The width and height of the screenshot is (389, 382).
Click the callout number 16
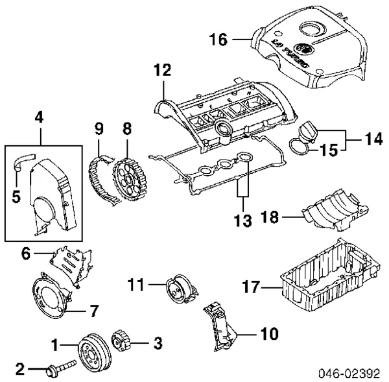218,40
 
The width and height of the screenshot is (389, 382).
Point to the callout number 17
250,286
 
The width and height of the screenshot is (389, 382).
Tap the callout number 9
100,129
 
